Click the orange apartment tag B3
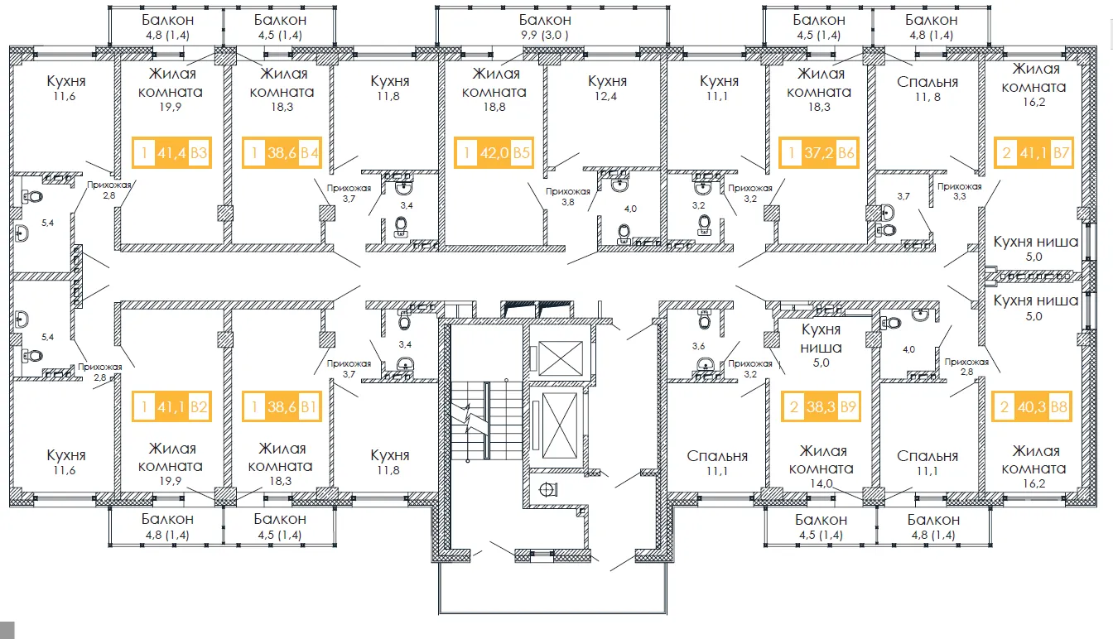click(x=172, y=152)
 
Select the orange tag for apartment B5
click(x=494, y=152)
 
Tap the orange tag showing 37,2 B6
click(x=819, y=152)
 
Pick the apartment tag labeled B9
click(x=821, y=406)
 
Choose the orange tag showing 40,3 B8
click(x=1032, y=406)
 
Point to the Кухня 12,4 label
click(x=607, y=88)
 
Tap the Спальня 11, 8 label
click(x=927, y=89)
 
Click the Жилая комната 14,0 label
click(x=821, y=467)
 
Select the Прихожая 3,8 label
click(x=568, y=196)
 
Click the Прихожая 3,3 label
click(x=960, y=191)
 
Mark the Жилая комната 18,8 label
click(x=494, y=90)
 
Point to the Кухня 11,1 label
click(x=719, y=88)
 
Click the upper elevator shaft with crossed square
click(x=561, y=358)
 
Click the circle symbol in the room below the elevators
click(x=547, y=490)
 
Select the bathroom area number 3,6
click(x=698, y=346)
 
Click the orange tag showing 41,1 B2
click(x=172, y=406)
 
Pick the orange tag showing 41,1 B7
click(x=1034, y=152)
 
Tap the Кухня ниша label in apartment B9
click(x=821, y=338)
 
